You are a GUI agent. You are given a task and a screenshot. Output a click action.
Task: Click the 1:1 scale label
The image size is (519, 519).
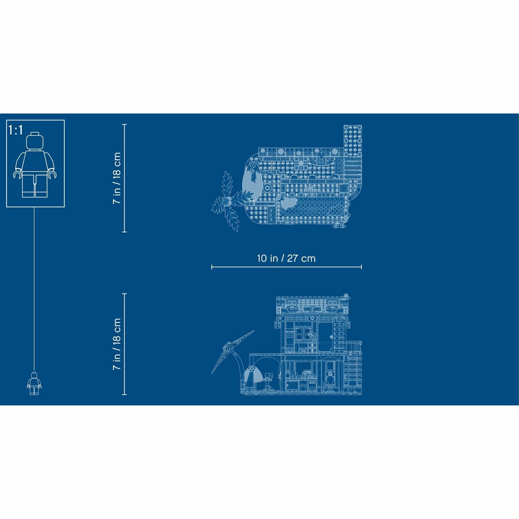pos(16,130)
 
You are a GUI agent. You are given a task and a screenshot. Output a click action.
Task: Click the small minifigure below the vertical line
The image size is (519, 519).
pos(34,383)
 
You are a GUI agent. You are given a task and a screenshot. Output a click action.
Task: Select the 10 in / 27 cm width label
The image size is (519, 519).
pos(286,258)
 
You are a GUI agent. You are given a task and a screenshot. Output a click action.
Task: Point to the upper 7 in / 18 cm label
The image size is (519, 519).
pos(117,178)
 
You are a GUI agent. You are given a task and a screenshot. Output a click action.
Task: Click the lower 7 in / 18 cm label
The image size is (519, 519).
pos(117,344)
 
